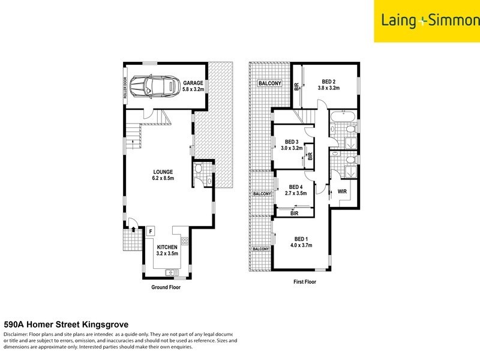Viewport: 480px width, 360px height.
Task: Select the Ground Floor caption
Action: (x=165, y=287)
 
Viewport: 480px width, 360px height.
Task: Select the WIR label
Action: (x=343, y=192)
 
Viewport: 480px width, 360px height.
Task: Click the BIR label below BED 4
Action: (x=295, y=213)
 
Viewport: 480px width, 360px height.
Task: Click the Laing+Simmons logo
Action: (x=427, y=21)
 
